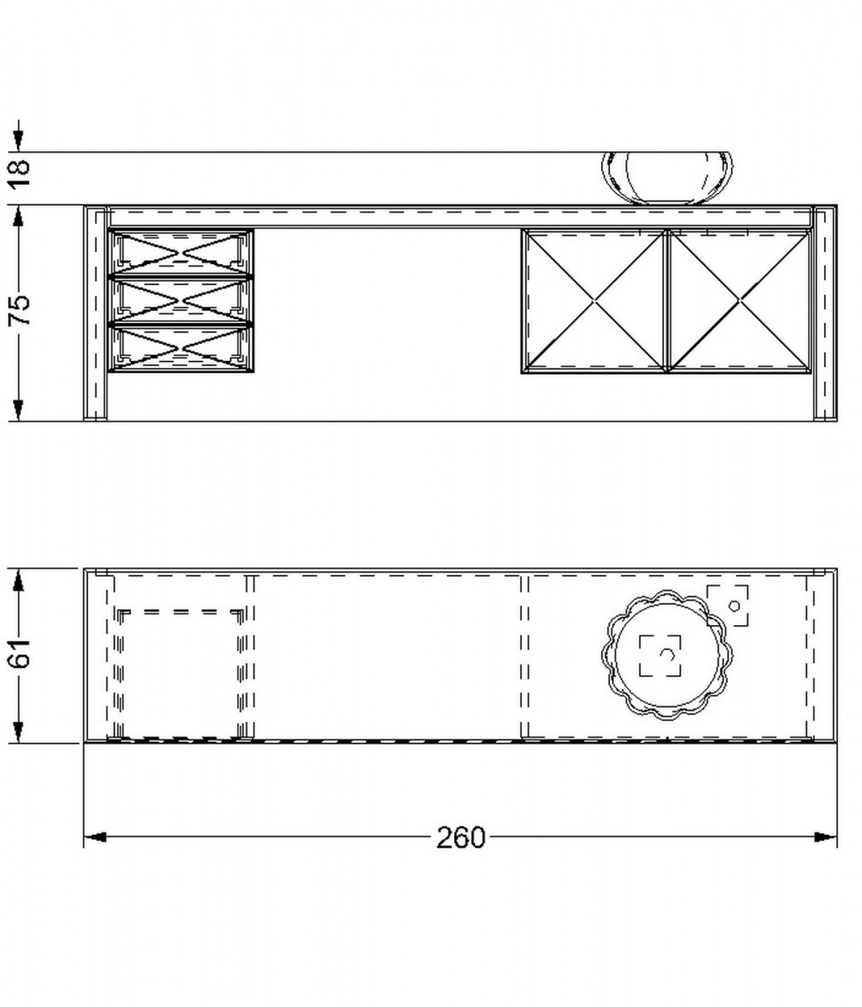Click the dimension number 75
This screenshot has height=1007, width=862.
[19, 310]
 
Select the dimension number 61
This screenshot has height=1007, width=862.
[19, 653]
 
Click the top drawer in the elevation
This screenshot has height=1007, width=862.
[180, 252]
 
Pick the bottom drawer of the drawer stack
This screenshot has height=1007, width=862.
[180, 347]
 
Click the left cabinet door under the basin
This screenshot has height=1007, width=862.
[594, 301]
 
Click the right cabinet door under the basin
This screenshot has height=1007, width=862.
[739, 301]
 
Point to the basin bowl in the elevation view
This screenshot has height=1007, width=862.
[667, 178]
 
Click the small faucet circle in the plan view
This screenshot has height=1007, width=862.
[734, 606]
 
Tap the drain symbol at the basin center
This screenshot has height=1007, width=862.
[665, 655]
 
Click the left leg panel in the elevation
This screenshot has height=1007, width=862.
[96, 313]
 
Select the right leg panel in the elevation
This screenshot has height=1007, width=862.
[825, 313]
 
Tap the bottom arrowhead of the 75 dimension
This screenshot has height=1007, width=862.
[18, 410]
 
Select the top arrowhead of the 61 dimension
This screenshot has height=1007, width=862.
[18, 580]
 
